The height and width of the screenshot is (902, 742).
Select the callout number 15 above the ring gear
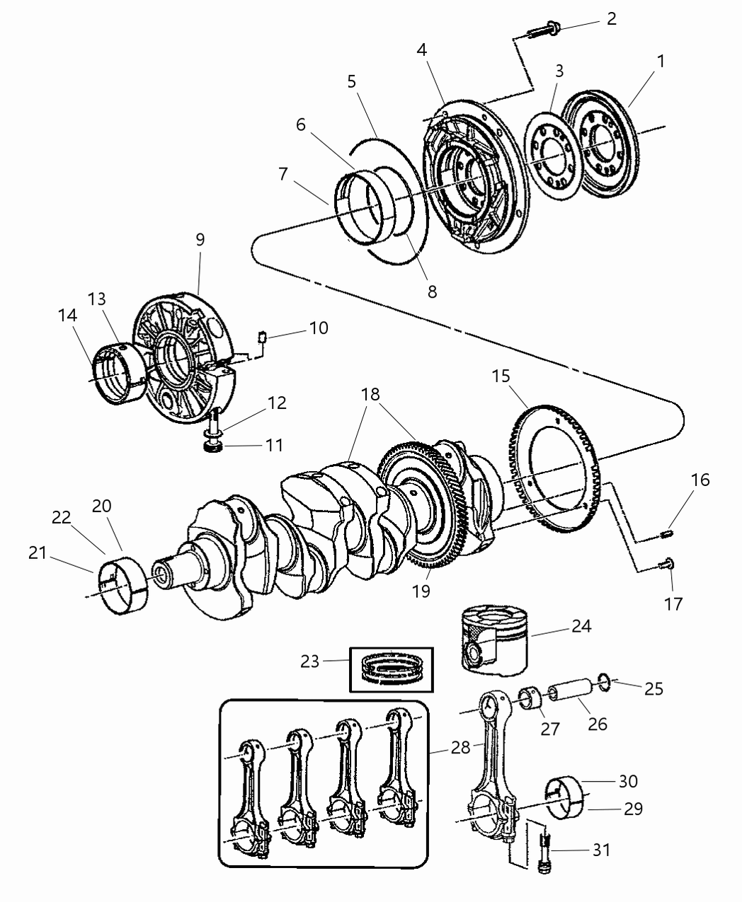501,376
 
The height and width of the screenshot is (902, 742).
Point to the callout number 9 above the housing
200,239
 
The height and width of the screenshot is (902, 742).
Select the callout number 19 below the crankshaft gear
421,591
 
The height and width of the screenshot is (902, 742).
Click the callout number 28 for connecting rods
461,748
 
